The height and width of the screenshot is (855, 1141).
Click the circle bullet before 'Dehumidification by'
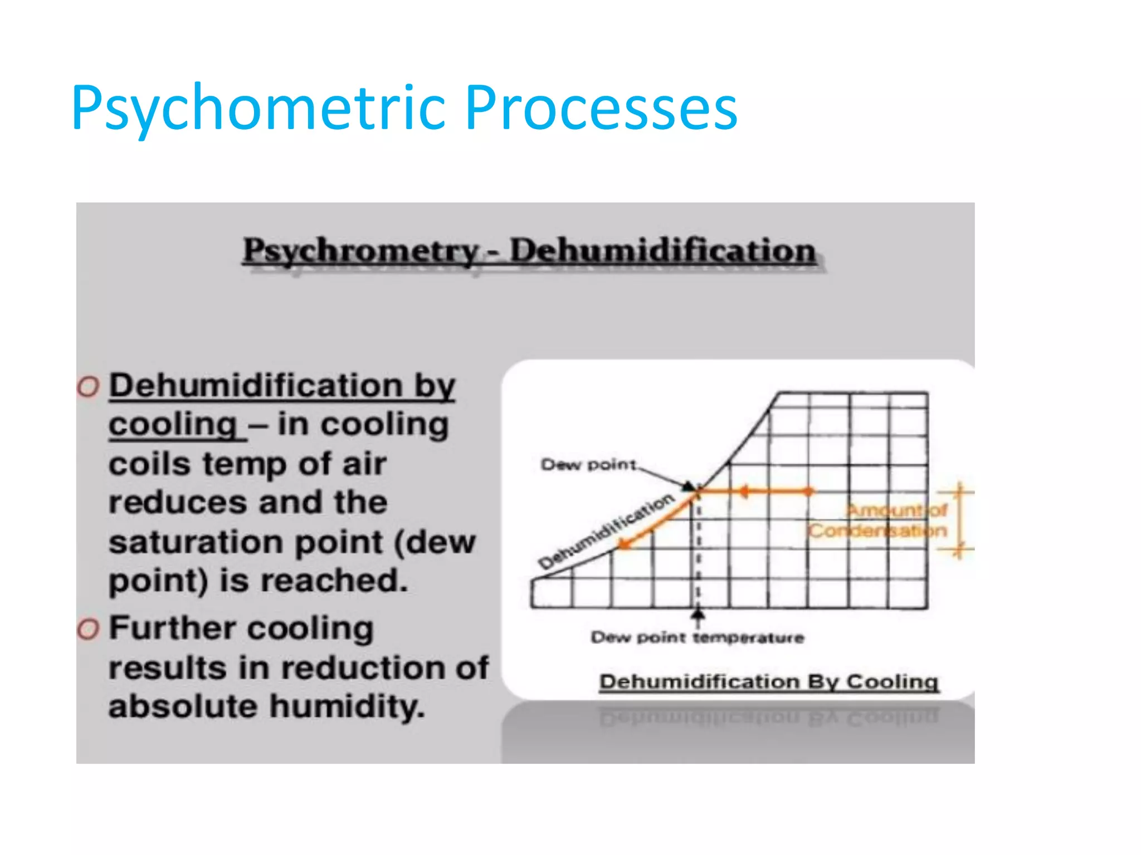88,386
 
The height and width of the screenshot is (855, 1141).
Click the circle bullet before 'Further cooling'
88,630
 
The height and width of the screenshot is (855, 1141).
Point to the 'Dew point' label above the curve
588,464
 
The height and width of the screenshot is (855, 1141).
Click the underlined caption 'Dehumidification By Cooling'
769,681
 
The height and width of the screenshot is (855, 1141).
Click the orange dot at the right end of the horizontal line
809,491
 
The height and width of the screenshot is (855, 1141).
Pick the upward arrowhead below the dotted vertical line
698,613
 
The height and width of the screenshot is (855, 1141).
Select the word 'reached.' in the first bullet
334,581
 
